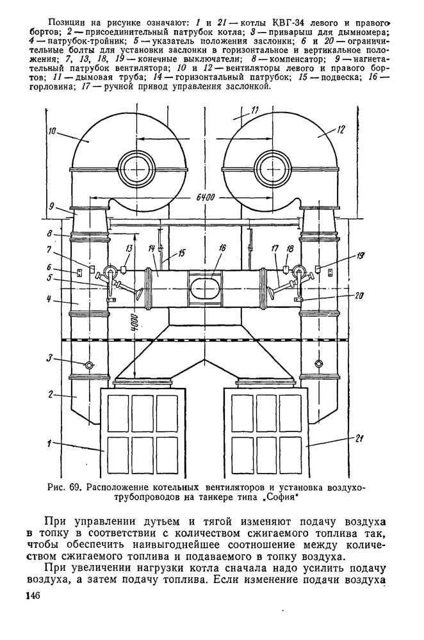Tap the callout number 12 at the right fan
[x=340, y=129]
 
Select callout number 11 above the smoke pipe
[x=255, y=110]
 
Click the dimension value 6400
[x=206, y=196]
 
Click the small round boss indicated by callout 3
[x=88, y=364]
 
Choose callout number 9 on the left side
[x=50, y=206]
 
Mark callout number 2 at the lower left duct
[x=51, y=394]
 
